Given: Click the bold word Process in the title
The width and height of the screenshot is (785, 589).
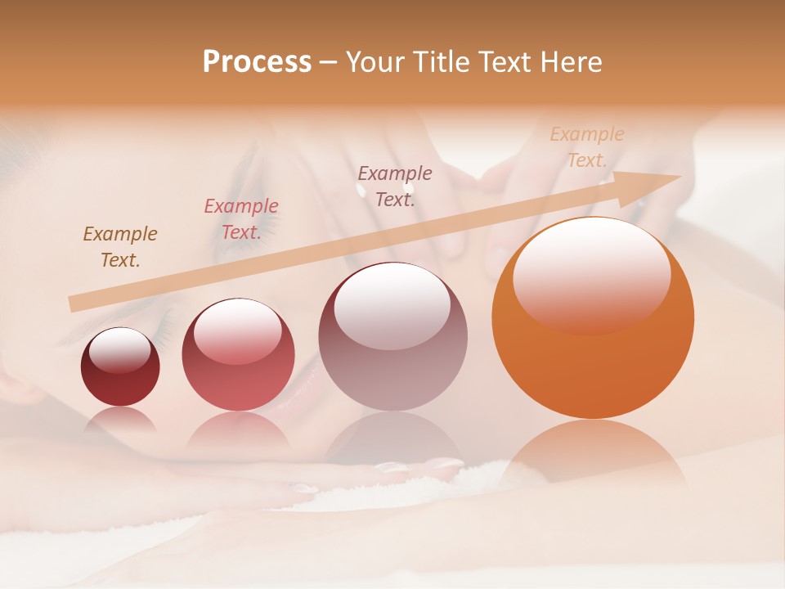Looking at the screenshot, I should (x=257, y=62).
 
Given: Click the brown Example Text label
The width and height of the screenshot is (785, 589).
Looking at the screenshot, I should (x=120, y=247).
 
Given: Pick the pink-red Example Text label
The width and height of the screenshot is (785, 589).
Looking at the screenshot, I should (x=241, y=219).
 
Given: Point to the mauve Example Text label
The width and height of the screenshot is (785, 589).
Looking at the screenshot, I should (x=395, y=186).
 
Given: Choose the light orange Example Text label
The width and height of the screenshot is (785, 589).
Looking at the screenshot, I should (x=587, y=147).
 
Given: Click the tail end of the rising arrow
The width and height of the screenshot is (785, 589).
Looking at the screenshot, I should (x=75, y=303).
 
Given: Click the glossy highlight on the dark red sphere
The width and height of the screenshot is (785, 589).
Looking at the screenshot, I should (x=119, y=350).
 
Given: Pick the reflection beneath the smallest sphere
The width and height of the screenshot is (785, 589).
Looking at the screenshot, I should (x=120, y=419).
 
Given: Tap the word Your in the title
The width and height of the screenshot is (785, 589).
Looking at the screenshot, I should (x=373, y=62).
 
